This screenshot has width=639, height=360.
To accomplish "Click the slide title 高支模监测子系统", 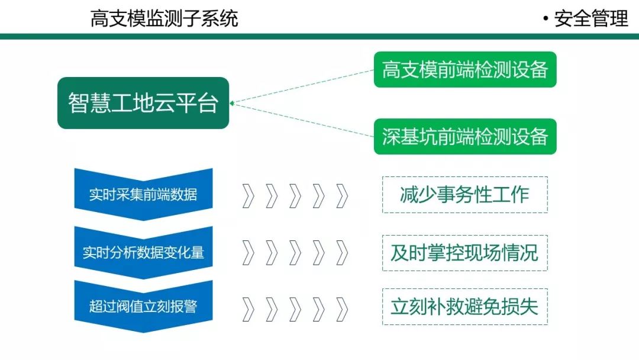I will point(164,18).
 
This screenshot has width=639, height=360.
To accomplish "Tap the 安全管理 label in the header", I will point(591,18).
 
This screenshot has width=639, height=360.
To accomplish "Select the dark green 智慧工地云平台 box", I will point(143,103).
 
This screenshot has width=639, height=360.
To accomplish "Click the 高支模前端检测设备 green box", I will point(465,70).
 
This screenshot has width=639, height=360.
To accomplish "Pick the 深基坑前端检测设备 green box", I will point(465,137).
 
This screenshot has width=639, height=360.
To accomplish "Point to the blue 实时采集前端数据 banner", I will point(143,194).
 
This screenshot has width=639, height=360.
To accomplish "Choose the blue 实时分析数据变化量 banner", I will point(143,252).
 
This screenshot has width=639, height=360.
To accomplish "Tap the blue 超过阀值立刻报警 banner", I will point(143,306).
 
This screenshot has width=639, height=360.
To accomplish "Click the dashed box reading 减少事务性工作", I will point(464,194).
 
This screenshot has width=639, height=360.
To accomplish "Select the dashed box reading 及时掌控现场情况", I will point(464,253).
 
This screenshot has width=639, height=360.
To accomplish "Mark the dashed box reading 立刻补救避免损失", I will point(464,307).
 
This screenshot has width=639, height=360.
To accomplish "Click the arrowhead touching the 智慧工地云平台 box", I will point(232,103).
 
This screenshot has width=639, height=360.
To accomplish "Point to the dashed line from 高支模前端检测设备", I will point(302,86).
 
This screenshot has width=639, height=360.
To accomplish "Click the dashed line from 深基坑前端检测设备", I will point(302,120).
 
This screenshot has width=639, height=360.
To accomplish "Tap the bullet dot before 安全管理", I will point(546,19).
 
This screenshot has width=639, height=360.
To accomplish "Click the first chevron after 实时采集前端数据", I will point(248,196).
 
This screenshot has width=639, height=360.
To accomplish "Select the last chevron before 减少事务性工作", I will point(342,196).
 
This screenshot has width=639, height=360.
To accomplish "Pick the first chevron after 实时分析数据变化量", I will point(248,253).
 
